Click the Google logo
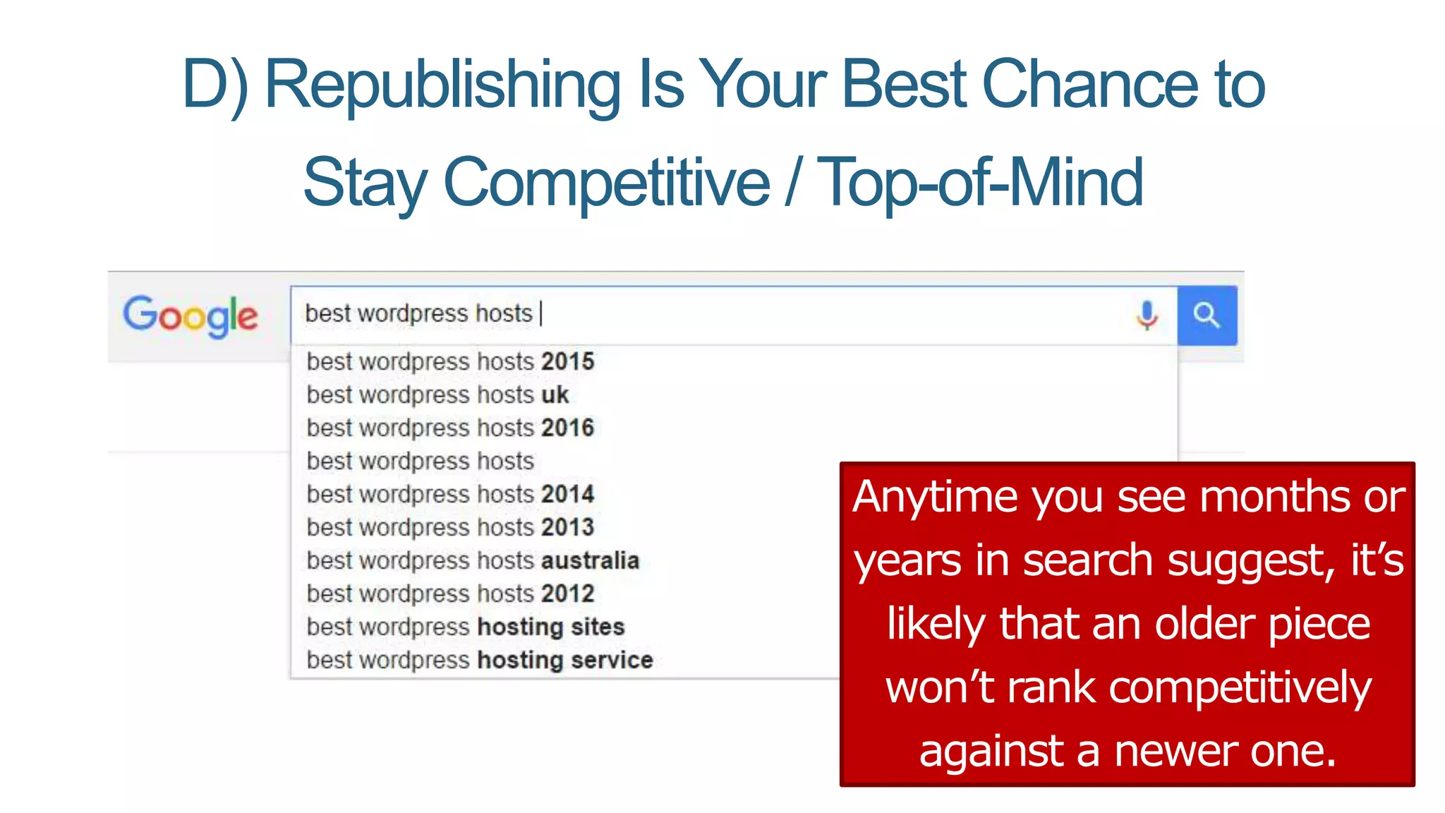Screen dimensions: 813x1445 (191, 315)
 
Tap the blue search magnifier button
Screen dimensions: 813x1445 (1207, 315)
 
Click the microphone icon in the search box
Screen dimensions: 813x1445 (1147, 315)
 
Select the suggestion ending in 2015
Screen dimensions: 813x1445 (450, 361)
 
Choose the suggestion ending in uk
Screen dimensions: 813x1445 (437, 395)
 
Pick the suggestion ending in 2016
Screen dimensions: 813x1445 (450, 428)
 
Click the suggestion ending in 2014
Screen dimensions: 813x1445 (450, 494)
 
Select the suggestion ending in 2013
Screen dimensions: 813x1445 (450, 527)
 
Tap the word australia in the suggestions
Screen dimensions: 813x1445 (590, 560)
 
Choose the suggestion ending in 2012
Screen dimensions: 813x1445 (450, 594)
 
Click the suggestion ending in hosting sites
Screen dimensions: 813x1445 (466, 627)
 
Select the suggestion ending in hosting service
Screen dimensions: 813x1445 (480, 660)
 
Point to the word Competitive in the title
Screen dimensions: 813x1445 (606, 182)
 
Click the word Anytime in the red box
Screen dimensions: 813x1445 (936, 497)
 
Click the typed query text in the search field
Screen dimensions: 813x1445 (418, 313)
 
